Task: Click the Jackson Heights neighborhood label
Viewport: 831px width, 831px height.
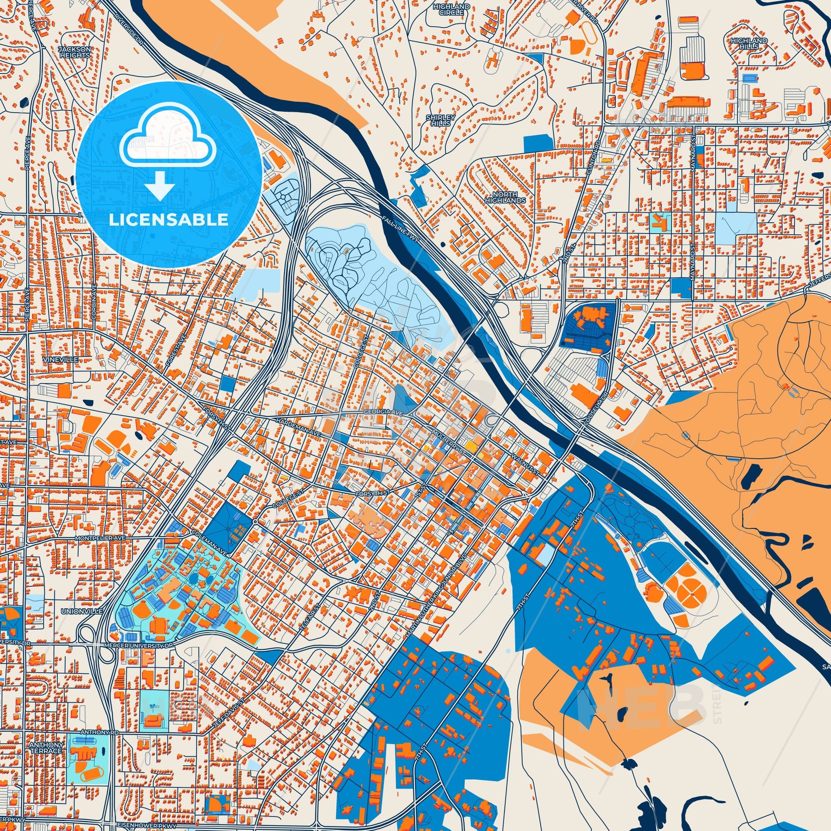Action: pyautogui.click(x=74, y=52)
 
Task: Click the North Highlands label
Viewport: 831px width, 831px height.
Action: pyautogui.click(x=506, y=197)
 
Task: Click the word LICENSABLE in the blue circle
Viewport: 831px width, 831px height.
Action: pyautogui.click(x=168, y=220)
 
